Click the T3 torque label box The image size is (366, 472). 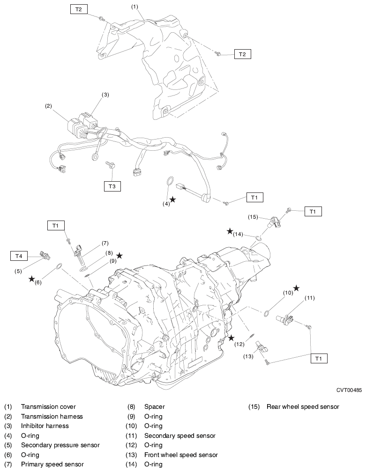tap(112, 186)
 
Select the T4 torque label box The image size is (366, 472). tap(19, 256)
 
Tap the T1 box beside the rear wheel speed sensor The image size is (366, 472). tap(313, 212)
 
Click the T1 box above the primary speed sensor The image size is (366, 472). tap(56, 226)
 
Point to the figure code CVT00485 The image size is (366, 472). tap(349, 390)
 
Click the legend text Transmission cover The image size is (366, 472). tap(48, 407)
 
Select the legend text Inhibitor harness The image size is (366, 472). tap(45, 426)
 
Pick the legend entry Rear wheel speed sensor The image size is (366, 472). tap(303, 407)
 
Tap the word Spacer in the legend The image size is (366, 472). tap(154, 407)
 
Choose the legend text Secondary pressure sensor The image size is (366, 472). tap(60, 445)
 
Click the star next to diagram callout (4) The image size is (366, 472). tap(172, 199)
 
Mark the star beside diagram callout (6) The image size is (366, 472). tap(31, 279)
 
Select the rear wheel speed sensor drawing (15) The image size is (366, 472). tap(274, 221)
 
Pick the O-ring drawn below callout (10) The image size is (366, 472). tap(266, 313)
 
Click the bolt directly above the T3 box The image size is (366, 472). tap(112, 165)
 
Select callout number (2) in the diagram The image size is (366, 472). tap(48, 106)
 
